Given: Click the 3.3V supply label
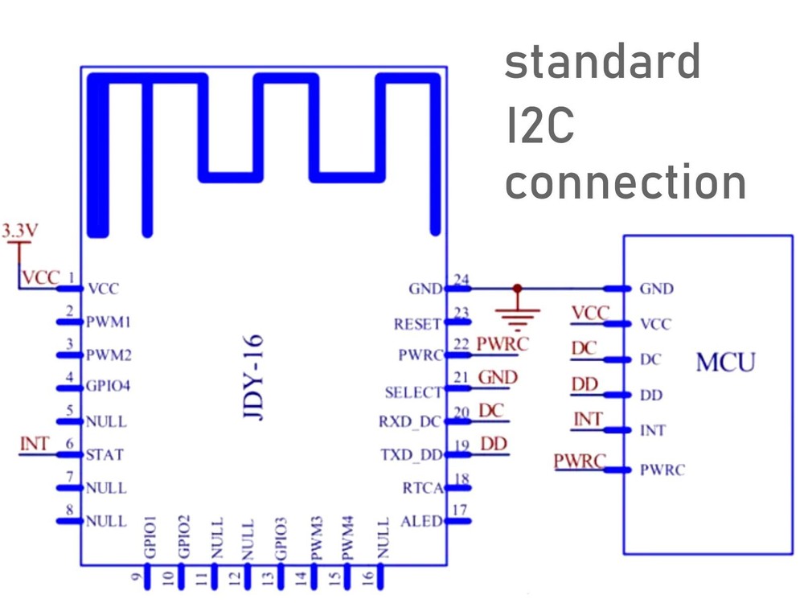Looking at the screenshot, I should click(x=18, y=232).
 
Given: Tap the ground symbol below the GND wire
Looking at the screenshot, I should click(x=518, y=313).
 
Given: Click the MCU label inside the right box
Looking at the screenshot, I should click(x=725, y=363).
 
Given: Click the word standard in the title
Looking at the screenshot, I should click(x=602, y=63).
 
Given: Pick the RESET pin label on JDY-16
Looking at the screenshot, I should click(x=417, y=325).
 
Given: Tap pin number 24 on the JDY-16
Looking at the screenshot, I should click(x=461, y=280).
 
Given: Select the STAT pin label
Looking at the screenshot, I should click(x=105, y=455).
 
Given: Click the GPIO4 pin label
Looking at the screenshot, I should click(x=108, y=387).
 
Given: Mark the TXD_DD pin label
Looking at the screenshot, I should click(x=412, y=455).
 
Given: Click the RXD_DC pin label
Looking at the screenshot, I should click(x=411, y=421).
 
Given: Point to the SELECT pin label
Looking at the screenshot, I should click(x=413, y=392).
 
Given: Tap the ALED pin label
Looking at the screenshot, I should click(x=421, y=521).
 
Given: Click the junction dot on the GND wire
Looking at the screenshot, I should click(x=517, y=288).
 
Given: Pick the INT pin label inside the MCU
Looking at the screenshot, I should click(x=652, y=431).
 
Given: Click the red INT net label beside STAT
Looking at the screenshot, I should click(x=35, y=444).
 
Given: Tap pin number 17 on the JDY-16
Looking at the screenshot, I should click(x=461, y=510).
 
